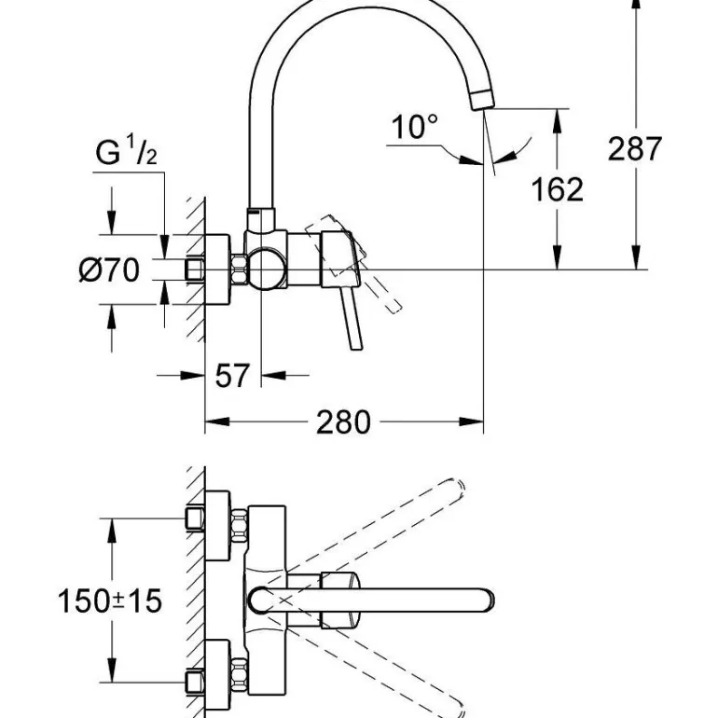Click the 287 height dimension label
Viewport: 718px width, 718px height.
635,148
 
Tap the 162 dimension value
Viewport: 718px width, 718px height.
557,188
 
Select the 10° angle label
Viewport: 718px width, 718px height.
414,126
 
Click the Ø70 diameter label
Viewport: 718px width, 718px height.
109,270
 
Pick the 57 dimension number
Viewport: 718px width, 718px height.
232,376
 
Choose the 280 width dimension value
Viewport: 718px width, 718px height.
343,422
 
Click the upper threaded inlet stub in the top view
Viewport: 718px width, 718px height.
196,518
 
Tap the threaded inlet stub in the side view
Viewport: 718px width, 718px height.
195,270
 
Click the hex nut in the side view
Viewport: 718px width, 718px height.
239,270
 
